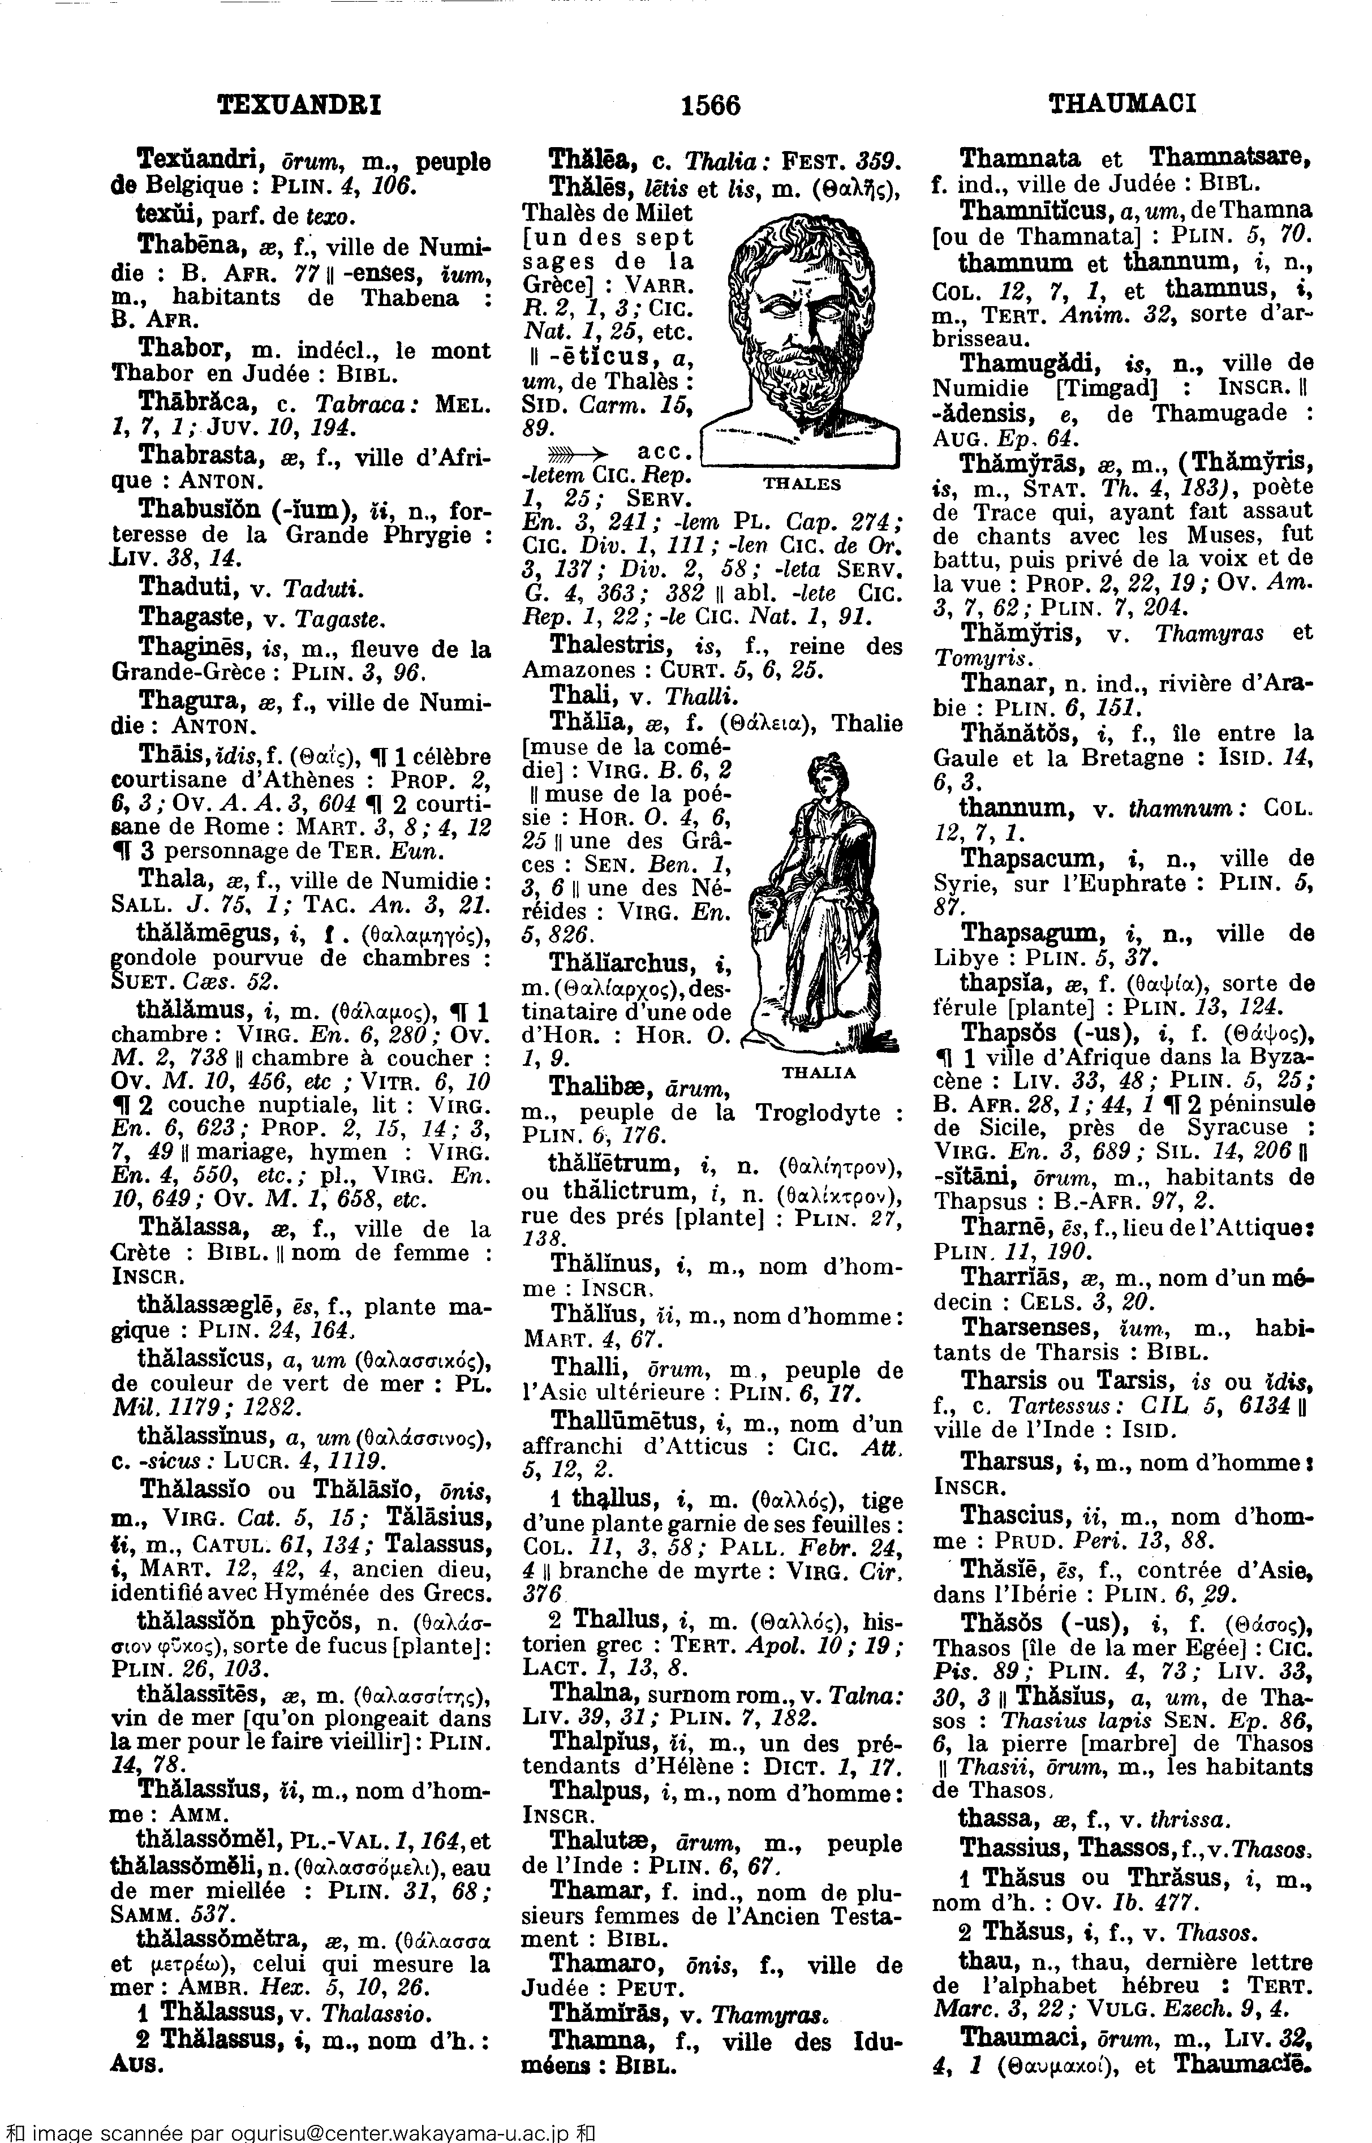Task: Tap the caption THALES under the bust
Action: coord(801,484)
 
